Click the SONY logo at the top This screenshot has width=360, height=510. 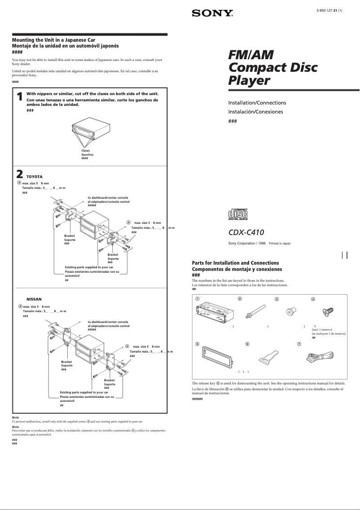pyautogui.click(x=213, y=13)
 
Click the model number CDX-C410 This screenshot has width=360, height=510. pyautogui.click(x=246, y=232)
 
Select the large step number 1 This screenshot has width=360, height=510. pyautogui.click(x=19, y=97)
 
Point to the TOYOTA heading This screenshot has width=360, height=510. pyautogui.click(x=35, y=177)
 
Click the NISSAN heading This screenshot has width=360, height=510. pyautogui.click(x=34, y=299)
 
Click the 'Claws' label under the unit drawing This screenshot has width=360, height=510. pyautogui.click(x=85, y=151)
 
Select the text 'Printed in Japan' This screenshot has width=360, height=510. pyautogui.click(x=279, y=244)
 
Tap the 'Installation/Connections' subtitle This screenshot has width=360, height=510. pyautogui.click(x=257, y=103)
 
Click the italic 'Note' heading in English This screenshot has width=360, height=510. pyautogui.click(x=15, y=418)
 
